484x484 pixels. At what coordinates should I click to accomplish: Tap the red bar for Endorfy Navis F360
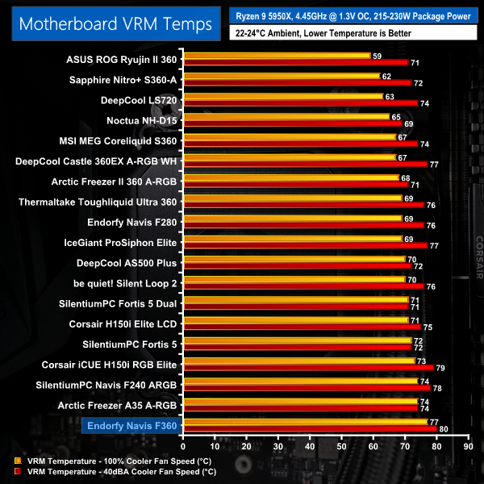click(x=310, y=428)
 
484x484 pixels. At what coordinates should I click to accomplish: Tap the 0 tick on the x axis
click(x=184, y=445)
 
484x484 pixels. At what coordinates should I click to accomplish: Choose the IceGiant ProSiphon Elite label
click(x=120, y=241)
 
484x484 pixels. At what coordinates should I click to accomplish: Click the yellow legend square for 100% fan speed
click(x=17, y=461)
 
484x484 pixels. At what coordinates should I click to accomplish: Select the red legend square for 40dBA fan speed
click(x=17, y=471)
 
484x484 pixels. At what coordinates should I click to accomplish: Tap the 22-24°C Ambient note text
click(x=322, y=33)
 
